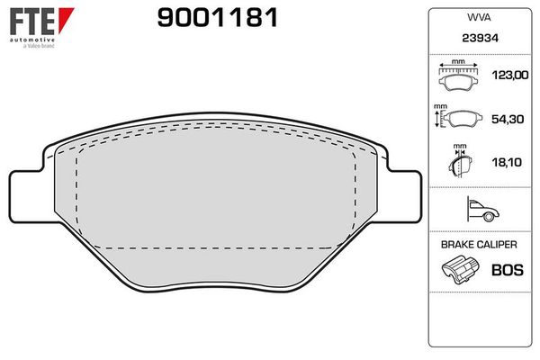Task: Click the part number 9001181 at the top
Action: [217, 18]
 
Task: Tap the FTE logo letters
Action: [32, 22]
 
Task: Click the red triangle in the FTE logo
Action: [66, 19]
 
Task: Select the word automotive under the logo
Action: [32, 40]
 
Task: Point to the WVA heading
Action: [479, 18]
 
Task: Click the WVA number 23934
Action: [480, 38]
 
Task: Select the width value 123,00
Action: [510, 75]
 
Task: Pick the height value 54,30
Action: [508, 119]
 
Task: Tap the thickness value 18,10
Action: [507, 162]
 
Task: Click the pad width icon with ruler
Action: [458, 76]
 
